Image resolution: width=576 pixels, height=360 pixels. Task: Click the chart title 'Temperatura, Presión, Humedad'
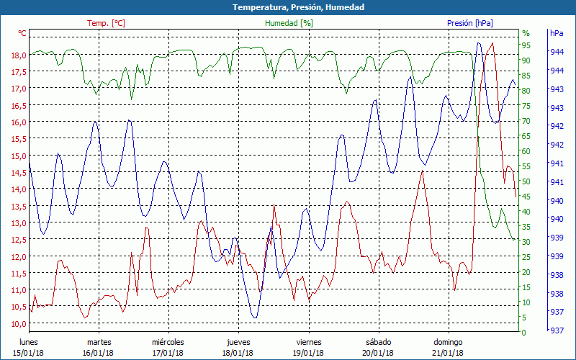[x=288, y=7]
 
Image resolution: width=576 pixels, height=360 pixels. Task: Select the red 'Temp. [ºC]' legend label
[x=106, y=23]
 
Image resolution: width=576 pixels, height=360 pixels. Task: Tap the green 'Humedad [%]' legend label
[x=289, y=23]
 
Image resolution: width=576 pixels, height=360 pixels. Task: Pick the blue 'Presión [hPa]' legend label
[x=469, y=23]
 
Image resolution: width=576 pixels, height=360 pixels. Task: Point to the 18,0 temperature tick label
[x=19, y=55]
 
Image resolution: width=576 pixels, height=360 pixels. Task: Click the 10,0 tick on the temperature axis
[x=19, y=323]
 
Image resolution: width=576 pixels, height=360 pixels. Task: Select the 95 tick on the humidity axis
[x=526, y=45]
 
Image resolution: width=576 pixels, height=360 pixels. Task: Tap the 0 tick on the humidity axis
[x=524, y=333]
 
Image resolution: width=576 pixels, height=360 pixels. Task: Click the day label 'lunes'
[x=29, y=341]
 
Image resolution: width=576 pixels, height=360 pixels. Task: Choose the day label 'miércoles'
[x=168, y=341]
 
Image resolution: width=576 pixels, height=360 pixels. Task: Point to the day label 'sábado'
[x=378, y=341]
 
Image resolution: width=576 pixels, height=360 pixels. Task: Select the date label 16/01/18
[x=98, y=352]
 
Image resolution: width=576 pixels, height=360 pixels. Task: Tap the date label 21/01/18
[x=448, y=352]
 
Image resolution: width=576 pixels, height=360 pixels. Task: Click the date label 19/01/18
[x=307, y=352]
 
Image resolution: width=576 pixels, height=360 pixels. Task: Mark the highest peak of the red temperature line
[x=492, y=43]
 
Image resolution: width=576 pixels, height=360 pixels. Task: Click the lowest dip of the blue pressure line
[x=254, y=318]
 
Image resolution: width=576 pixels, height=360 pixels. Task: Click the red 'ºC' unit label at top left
[x=22, y=33]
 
